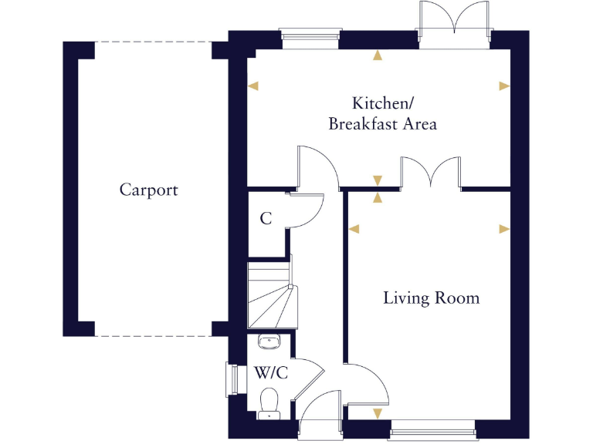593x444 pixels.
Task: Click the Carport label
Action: tap(148, 190)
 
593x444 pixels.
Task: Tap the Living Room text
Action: tap(431, 298)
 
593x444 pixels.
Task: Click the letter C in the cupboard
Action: tap(266, 219)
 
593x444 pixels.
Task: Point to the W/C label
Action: tap(271, 373)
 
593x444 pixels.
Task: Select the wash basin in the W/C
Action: tap(268, 341)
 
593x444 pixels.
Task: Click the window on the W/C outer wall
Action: tap(231, 379)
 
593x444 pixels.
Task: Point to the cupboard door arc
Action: tap(309, 209)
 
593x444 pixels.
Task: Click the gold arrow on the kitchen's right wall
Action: tap(504, 86)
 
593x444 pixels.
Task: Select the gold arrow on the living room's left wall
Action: tap(354, 229)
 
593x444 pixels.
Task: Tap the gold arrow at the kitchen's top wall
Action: tap(377, 55)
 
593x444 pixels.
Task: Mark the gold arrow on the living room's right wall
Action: tap(504, 229)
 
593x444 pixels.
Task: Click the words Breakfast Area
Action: tap(382, 124)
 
